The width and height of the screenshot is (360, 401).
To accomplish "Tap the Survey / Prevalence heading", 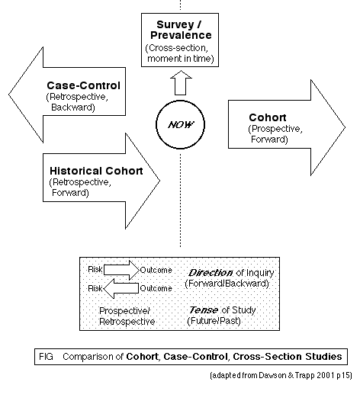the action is [181, 30].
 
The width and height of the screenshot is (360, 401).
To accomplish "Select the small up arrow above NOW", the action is [181, 83].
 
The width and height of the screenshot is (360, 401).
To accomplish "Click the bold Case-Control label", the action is [83, 85].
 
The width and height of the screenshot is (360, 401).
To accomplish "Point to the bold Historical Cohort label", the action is [96, 171].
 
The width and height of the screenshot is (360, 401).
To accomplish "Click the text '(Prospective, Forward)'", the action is [275, 134].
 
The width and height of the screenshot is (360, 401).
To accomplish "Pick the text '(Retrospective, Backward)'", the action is [77, 102].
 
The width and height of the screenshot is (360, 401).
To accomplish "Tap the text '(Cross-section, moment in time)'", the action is [179, 53].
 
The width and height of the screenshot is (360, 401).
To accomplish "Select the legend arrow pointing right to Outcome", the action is [121, 270].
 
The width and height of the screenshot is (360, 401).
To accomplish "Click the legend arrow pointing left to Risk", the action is [121, 288].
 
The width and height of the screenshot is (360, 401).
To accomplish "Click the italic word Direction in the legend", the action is [211, 273].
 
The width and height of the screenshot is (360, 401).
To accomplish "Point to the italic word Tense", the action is [204, 310].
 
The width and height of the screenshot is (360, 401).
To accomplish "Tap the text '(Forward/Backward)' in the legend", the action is [227, 284].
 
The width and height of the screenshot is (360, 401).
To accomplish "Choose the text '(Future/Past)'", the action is [214, 320].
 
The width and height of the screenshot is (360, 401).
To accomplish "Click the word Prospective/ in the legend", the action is [124, 311].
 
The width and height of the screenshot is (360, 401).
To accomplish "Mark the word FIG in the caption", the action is [46, 357].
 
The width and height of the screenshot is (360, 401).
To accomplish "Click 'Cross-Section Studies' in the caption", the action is [288, 357].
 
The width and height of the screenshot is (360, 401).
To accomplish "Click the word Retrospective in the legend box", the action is [127, 322].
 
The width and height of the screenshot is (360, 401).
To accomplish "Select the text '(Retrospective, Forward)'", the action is [80, 188].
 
